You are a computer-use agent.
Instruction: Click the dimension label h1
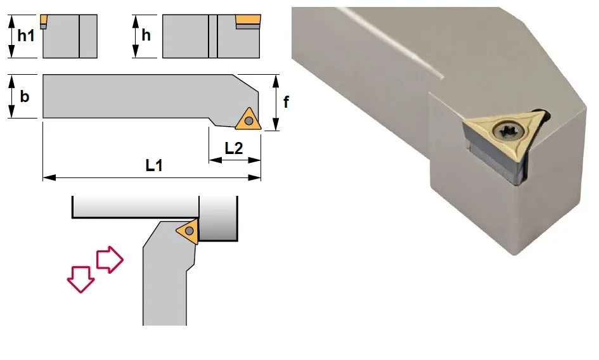pos(26,35)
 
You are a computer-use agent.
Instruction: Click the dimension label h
pos(146,35)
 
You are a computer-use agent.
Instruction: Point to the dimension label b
pos(25,96)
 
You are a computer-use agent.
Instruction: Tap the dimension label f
pos(286,101)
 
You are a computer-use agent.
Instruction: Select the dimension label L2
pos(233,148)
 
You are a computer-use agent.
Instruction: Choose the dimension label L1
pos(154,165)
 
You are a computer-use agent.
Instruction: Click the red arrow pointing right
pos(110,259)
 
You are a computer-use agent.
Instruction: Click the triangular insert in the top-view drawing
pos(248,120)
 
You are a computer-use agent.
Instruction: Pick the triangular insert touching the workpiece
pos(189,231)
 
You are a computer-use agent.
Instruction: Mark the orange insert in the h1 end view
pos(44,19)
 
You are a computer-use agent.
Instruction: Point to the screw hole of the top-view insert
pos(249,121)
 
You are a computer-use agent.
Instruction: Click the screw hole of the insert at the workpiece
pos(189,231)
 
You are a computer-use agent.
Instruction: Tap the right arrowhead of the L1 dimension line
pos(255,177)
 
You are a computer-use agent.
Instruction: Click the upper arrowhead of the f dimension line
pos(276,81)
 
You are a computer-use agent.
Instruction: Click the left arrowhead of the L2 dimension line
pos(216,160)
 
